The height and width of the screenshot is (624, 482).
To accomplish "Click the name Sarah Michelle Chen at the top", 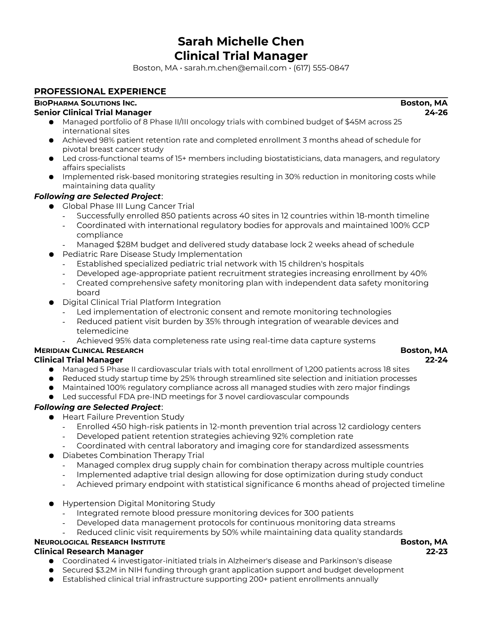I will [x=241, y=41].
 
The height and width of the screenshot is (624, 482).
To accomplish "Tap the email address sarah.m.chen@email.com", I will [x=235, y=68].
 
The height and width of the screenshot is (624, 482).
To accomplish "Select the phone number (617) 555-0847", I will [x=321, y=68].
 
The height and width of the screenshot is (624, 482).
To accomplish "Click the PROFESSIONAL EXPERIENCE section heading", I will [x=100, y=91].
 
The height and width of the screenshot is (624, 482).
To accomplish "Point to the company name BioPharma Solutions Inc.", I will [x=85, y=103].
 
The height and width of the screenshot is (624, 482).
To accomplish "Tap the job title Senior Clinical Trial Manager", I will [x=93, y=113].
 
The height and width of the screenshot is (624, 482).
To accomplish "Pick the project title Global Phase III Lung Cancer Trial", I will [x=128, y=206].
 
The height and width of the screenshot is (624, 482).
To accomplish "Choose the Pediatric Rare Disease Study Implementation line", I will [x=152, y=254].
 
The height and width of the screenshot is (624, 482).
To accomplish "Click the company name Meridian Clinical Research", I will [x=89, y=351].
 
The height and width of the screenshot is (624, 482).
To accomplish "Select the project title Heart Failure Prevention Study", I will [x=123, y=417].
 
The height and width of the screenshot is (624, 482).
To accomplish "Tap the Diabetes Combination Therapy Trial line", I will [x=133, y=455].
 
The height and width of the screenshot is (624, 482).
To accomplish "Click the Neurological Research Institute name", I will [x=100, y=542].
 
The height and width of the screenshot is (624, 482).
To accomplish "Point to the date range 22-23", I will [x=437, y=552].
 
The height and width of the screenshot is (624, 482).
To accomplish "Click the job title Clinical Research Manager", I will [x=89, y=552].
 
